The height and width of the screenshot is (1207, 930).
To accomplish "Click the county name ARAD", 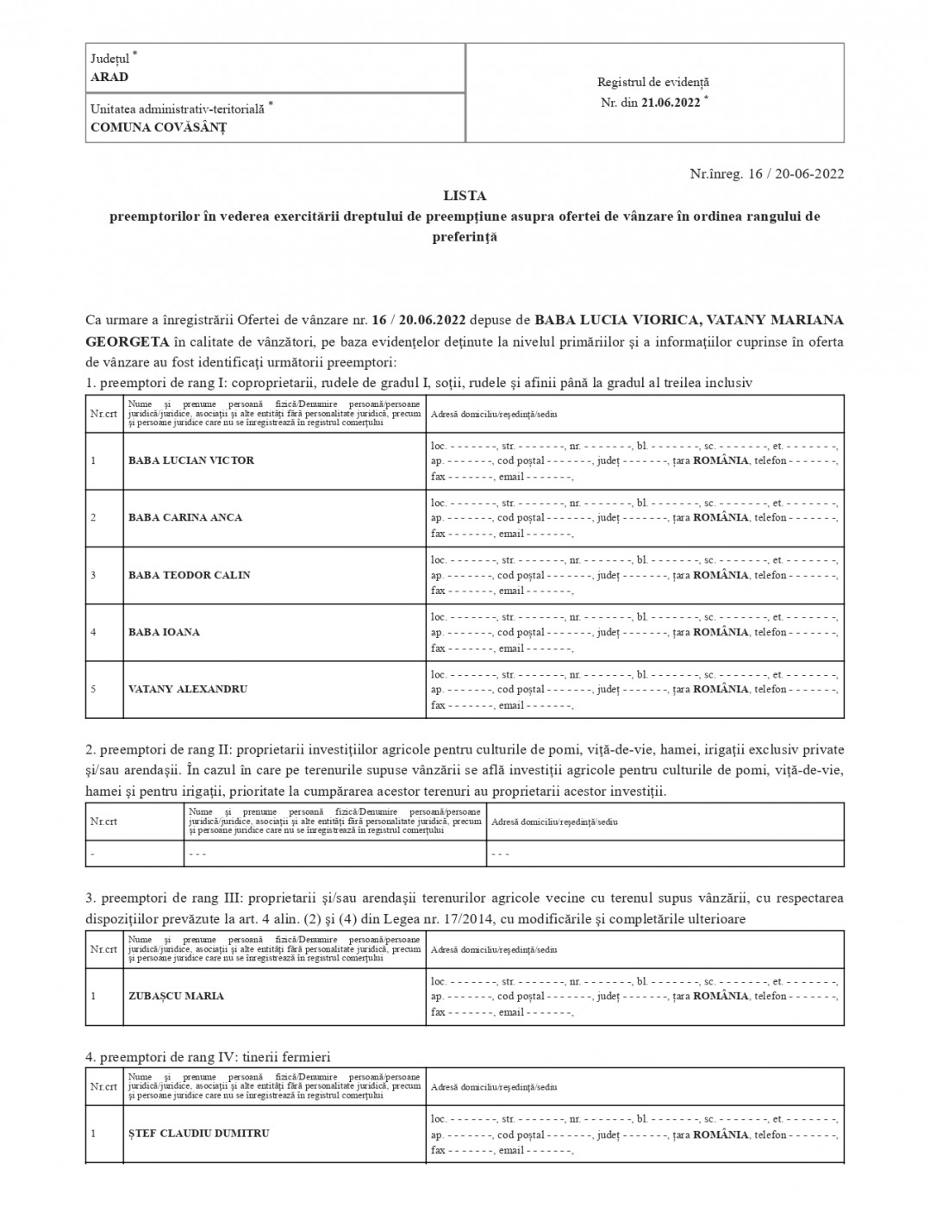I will click(109, 77).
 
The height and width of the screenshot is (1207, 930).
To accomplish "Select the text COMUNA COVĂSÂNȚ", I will click(159, 128).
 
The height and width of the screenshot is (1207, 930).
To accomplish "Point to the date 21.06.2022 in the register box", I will click(671, 102).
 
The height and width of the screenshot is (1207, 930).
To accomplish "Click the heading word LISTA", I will click(465, 196).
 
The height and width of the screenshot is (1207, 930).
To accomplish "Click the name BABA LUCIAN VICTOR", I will click(191, 460).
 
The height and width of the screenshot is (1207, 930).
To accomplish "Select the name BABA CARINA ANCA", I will click(185, 517).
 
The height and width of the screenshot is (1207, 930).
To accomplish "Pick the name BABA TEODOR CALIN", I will click(189, 575).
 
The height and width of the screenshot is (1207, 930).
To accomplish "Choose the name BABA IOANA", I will click(164, 632).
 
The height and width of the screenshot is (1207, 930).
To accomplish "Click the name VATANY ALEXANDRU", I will click(188, 690).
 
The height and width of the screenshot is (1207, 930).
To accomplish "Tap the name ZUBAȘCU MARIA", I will click(176, 996).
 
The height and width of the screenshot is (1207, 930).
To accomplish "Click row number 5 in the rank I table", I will click(93, 690).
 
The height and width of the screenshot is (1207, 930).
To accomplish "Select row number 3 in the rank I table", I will click(93, 575).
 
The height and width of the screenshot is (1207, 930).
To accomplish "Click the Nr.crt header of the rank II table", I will click(103, 822).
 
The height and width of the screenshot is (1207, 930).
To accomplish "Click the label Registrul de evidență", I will click(653, 83).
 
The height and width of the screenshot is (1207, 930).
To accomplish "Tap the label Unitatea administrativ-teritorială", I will click(178, 109).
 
